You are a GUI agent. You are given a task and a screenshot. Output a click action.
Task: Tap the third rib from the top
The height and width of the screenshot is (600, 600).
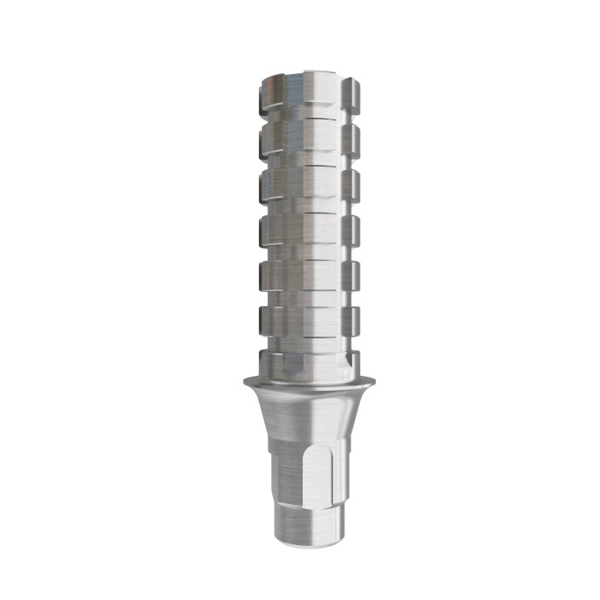[x=299, y=183]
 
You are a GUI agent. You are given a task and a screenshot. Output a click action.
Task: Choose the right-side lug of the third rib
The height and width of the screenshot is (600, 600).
[x=351, y=183]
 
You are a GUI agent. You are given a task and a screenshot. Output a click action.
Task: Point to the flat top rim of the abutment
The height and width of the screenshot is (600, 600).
[x=299, y=73]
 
